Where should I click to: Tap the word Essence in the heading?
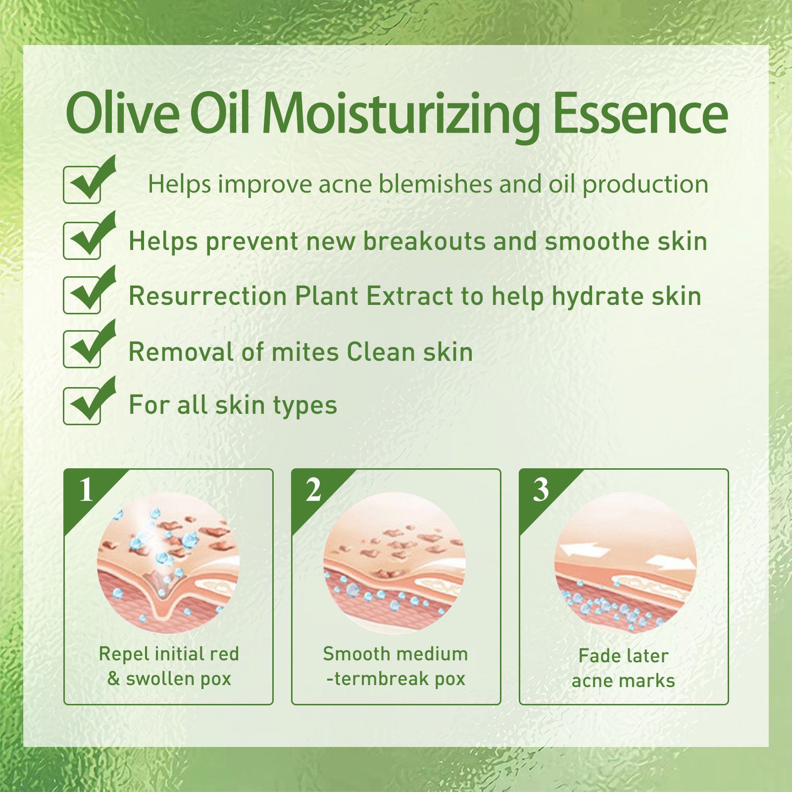click(x=640, y=113)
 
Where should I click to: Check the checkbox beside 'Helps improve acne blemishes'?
click(x=82, y=185)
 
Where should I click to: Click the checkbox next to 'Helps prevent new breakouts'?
click(x=82, y=241)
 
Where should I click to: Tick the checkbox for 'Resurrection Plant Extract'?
click(x=82, y=296)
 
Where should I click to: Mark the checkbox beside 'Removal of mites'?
click(x=82, y=349)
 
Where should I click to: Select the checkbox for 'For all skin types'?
click(x=82, y=406)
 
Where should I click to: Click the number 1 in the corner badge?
click(x=86, y=490)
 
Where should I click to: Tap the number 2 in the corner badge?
click(x=313, y=490)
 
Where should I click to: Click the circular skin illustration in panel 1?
click(x=168, y=563)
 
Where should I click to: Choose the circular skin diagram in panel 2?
click(x=395, y=563)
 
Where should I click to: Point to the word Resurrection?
click(x=208, y=297)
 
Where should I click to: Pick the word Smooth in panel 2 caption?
click(x=355, y=654)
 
